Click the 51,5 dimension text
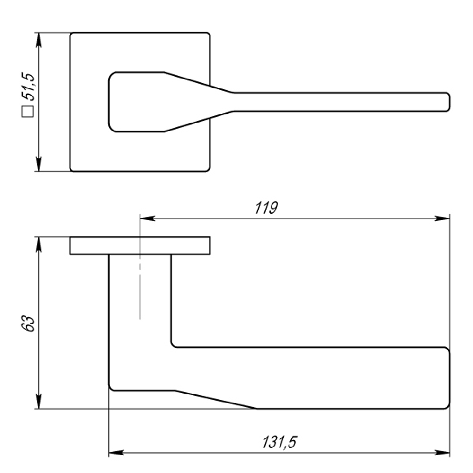[28, 87]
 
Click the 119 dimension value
[266, 208]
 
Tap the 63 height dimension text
[28, 324]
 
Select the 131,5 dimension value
[280, 442]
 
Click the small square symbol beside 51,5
[27, 111]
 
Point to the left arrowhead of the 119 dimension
[147, 219]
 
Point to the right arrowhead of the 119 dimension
[442, 219]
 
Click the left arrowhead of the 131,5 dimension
[116, 453]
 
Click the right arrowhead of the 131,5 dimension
[442, 453]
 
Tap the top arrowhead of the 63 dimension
[39, 245]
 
